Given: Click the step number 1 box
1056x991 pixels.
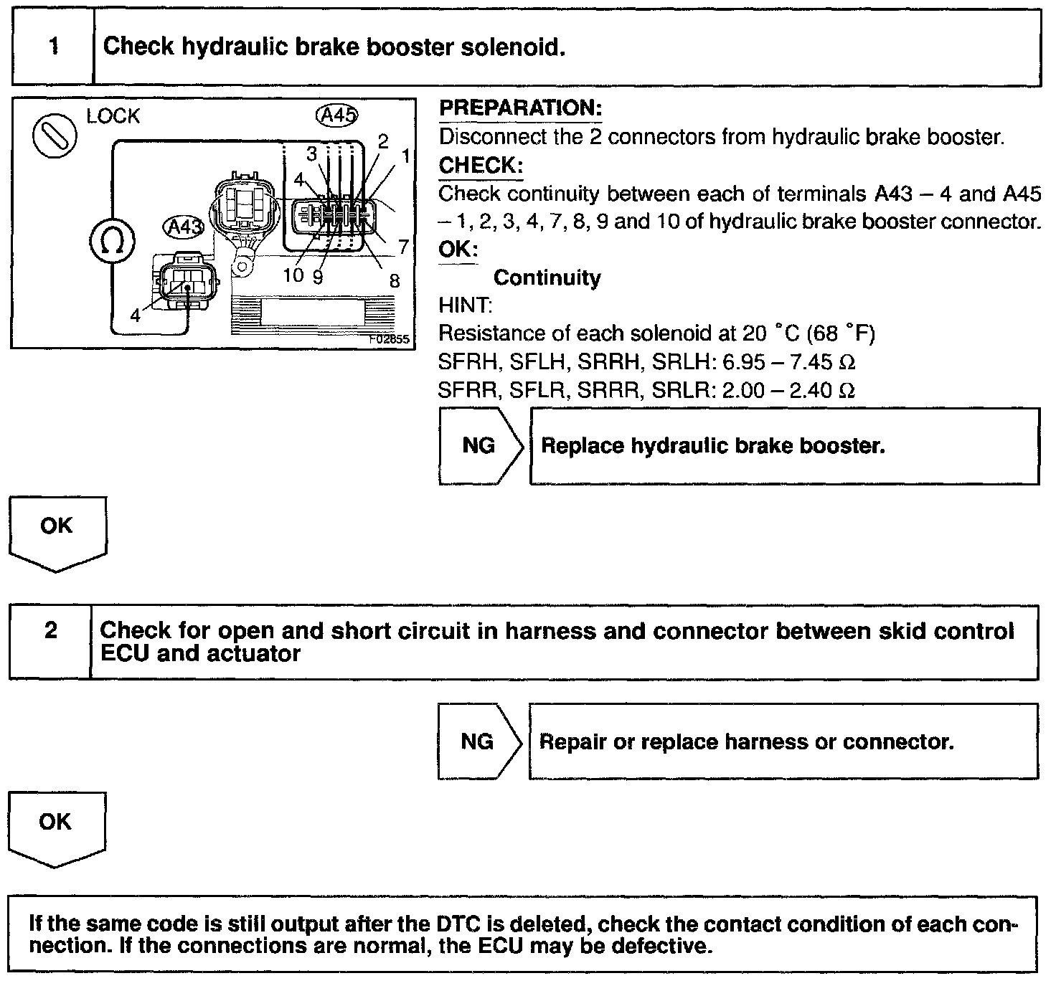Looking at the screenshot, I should coord(53,47).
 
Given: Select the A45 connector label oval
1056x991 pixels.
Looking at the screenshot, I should coord(336,115).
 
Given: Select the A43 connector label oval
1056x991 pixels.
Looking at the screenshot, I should coord(184,227).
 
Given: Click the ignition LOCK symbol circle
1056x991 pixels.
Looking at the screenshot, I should coord(55,134).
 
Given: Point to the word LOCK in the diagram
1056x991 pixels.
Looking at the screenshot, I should coord(113,116).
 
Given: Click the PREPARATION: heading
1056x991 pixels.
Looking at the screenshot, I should coord(520,108).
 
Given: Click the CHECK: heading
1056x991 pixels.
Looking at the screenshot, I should coord(481,165).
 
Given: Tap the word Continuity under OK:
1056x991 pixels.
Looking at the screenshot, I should coord(547,278).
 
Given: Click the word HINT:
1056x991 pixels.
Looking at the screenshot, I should coord(465,305).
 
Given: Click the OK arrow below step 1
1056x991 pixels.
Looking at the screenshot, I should coord(57,531).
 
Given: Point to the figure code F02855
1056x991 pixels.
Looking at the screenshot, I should coord(389,338).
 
